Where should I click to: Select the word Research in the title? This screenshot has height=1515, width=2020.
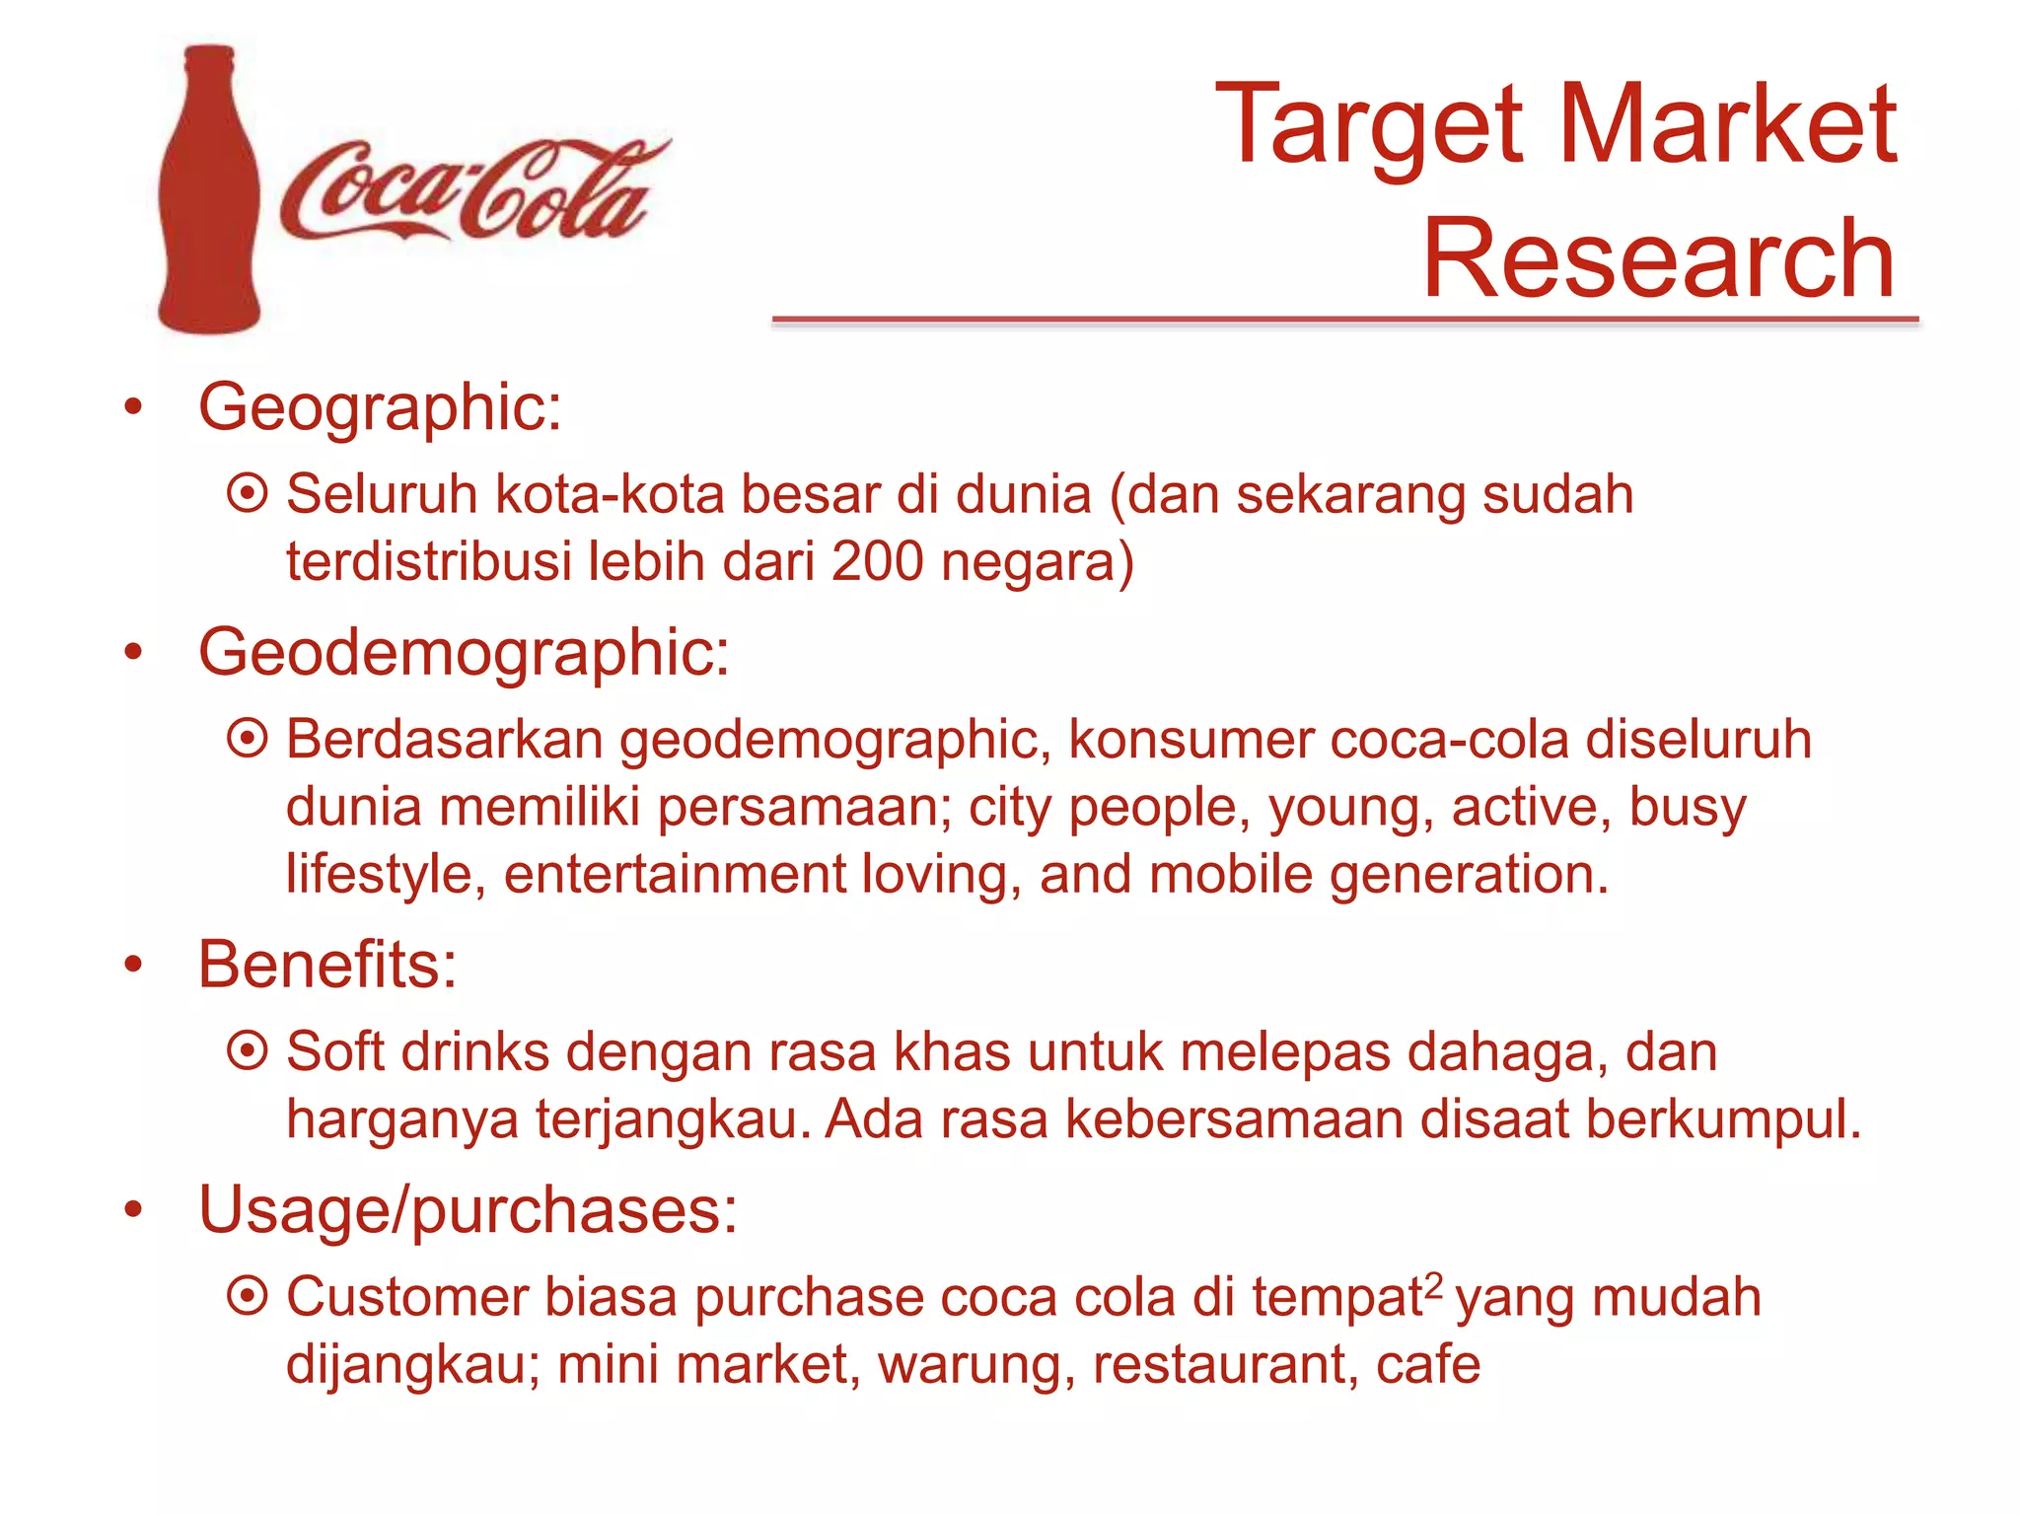pyautogui.click(x=1657, y=258)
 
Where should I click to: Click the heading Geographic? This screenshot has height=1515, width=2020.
pyautogui.click(x=380, y=406)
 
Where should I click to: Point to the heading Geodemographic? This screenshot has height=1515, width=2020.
pyautogui.click(x=464, y=653)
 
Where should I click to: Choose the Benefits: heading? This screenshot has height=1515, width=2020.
pyautogui.click(x=327, y=964)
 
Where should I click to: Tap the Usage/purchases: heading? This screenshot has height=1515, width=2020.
pyautogui.click(x=468, y=1209)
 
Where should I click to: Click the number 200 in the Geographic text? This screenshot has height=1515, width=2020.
pyautogui.click(x=877, y=561)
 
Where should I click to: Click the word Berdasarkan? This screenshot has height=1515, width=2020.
pyautogui.click(x=444, y=740)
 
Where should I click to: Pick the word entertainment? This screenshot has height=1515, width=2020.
pyautogui.click(x=675, y=874)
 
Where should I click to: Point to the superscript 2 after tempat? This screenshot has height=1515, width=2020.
pyautogui.click(x=1434, y=1284)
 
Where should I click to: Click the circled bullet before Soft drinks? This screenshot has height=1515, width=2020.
pyautogui.click(x=247, y=1050)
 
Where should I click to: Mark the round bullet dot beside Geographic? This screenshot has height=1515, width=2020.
pyautogui.click(x=133, y=406)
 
